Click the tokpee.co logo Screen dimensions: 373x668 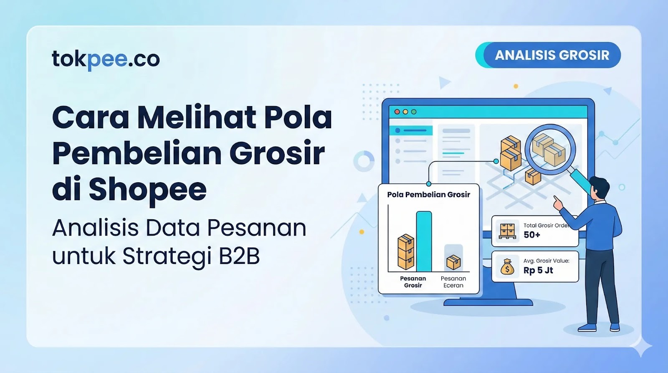[x=106, y=59]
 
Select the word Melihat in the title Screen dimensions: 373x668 [x=195, y=117]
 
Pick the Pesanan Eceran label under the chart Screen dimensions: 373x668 [x=453, y=282]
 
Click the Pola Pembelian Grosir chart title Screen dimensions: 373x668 [x=428, y=195]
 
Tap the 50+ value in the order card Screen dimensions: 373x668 [x=532, y=235]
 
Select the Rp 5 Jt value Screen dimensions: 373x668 [x=538, y=270]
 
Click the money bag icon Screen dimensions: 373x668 [x=507, y=266]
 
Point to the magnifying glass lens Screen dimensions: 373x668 [x=550, y=149]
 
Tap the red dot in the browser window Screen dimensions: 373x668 [x=397, y=112]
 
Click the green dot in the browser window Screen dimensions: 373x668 [x=414, y=112]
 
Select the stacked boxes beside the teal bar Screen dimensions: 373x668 [x=405, y=251]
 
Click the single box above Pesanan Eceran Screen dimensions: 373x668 [x=453, y=262]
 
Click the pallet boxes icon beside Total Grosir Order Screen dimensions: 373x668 [x=507, y=231]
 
